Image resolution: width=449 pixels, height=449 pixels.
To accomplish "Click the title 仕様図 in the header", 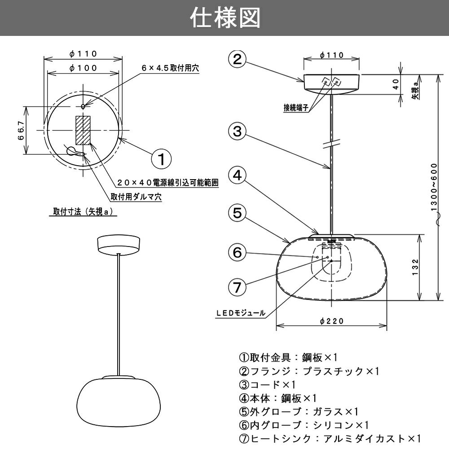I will click(x=224, y=18).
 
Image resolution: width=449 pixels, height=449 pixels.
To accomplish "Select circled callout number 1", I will click(x=161, y=158).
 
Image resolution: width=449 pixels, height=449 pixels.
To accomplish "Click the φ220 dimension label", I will click(x=332, y=321).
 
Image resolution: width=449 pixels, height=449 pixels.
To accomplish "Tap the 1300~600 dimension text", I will click(x=433, y=188).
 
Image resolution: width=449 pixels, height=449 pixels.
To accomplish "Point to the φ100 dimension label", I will click(x=84, y=68).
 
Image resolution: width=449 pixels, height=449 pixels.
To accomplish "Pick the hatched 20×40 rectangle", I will click(x=83, y=130).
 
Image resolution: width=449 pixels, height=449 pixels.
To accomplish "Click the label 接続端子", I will click(x=296, y=107).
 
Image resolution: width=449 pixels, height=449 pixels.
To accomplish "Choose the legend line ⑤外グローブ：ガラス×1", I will click(x=299, y=411).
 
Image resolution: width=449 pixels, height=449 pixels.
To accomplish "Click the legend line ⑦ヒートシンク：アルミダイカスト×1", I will click(x=330, y=438).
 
